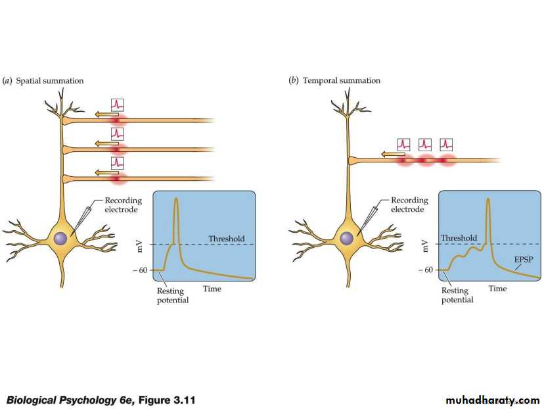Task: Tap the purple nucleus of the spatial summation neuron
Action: point(61,239)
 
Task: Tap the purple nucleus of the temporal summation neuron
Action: point(346,239)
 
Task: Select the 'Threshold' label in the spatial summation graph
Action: point(226,239)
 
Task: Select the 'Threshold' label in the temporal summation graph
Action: point(459,238)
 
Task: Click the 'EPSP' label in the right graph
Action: point(524,260)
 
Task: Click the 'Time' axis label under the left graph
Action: point(212,289)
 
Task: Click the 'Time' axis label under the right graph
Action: point(497,289)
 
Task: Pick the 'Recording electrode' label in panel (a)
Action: point(123,205)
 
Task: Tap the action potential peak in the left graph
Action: point(176,199)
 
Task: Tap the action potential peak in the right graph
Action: point(488,199)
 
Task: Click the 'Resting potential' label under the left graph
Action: point(172,296)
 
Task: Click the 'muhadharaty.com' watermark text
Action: point(492,400)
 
